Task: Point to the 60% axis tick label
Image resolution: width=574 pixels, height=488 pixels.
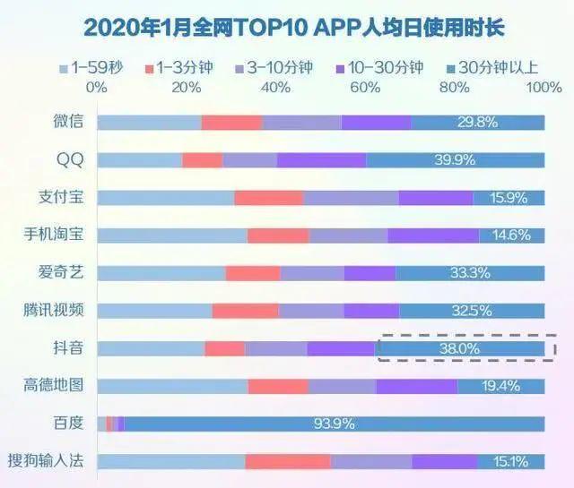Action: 365,88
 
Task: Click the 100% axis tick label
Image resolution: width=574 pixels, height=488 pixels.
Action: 544,88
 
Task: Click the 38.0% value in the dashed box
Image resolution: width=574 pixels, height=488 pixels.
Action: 457,348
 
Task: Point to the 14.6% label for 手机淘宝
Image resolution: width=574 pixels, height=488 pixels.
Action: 511,235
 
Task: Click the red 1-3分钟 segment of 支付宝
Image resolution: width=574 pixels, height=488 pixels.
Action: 268,198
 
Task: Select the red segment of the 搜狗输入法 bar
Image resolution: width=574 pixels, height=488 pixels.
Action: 287,461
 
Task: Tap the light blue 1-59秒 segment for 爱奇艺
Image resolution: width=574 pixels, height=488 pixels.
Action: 161,273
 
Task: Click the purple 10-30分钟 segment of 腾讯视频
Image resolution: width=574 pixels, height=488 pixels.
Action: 370,311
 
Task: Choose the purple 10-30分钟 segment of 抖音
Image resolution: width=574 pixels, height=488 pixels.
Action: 340,348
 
